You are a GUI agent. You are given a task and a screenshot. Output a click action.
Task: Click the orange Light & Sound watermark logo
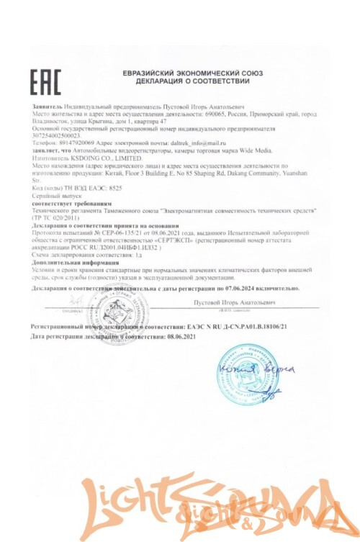click(x=180, y=507)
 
